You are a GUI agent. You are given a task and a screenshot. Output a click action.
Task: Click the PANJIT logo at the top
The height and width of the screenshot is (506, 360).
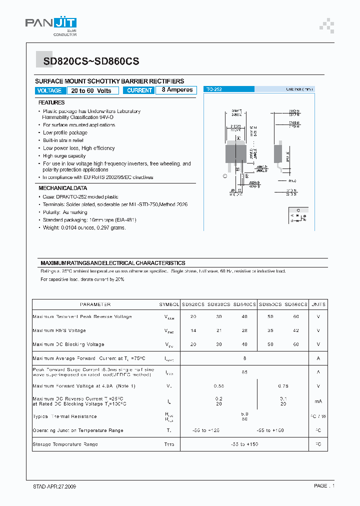51,25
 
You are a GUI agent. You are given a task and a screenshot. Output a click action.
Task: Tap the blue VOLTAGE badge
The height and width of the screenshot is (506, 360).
49,90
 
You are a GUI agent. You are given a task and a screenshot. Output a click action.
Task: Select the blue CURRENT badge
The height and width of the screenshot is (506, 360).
139,90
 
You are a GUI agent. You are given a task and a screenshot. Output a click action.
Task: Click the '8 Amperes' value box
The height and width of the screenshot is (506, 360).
177,90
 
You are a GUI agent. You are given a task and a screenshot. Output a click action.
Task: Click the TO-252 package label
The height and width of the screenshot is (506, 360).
214,89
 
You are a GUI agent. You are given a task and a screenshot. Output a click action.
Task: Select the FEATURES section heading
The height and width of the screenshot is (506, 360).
51,102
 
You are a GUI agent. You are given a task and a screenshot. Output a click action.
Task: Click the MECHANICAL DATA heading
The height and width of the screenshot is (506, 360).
63,188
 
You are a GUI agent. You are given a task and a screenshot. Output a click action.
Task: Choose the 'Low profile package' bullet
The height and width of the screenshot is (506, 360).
65,132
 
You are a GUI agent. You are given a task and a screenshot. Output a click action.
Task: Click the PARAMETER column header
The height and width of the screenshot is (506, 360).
95,304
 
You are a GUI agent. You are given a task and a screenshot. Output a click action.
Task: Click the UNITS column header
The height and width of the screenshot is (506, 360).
318,304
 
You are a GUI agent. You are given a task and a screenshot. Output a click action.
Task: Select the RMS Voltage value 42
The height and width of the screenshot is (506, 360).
295,330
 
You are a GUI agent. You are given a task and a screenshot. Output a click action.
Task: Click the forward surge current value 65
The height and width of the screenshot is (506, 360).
244,372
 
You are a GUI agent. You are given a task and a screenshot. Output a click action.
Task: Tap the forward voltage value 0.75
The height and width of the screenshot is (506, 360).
283,386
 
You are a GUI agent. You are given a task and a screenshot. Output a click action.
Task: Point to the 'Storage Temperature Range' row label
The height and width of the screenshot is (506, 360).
65,444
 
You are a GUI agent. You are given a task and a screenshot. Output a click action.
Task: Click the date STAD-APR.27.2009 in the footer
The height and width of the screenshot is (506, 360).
51,486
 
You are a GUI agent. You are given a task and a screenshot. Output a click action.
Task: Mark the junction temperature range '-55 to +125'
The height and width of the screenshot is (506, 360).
206,430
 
